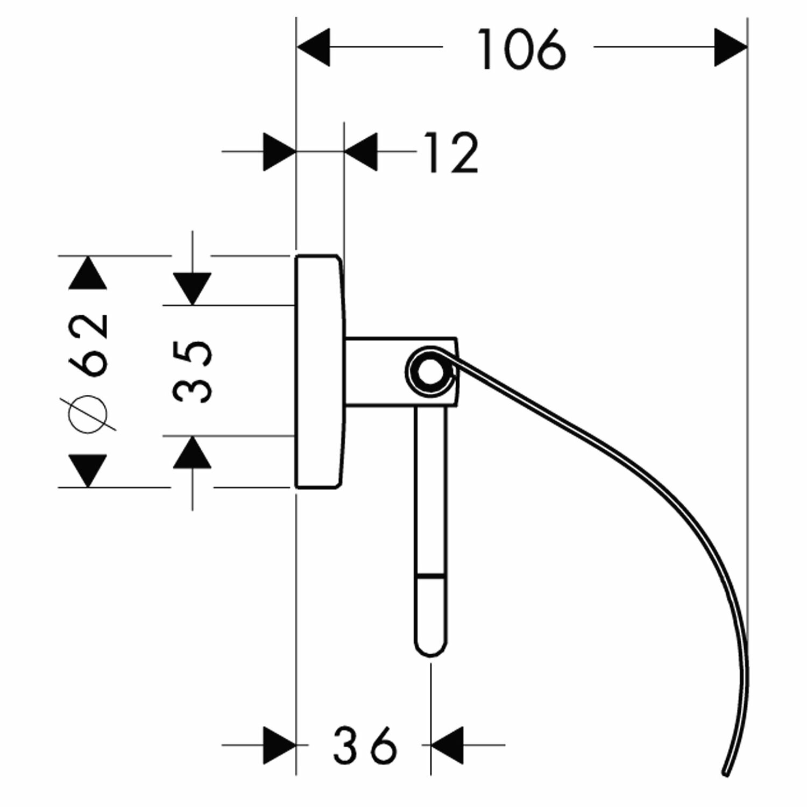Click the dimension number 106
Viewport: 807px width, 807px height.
(522, 49)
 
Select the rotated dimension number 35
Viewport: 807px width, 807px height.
(193, 371)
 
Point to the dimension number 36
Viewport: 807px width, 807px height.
(365, 745)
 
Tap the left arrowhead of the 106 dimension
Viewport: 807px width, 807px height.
(313, 48)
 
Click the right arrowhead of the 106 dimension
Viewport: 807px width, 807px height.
(731, 48)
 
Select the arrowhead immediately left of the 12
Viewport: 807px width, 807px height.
(361, 152)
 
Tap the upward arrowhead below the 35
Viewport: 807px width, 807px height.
(193, 452)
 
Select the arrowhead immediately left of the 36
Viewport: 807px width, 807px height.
(279, 745)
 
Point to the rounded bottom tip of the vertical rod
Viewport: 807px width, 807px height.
(430, 649)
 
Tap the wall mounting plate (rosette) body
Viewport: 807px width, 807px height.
(317, 371)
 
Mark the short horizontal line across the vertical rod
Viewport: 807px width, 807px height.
(430, 575)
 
